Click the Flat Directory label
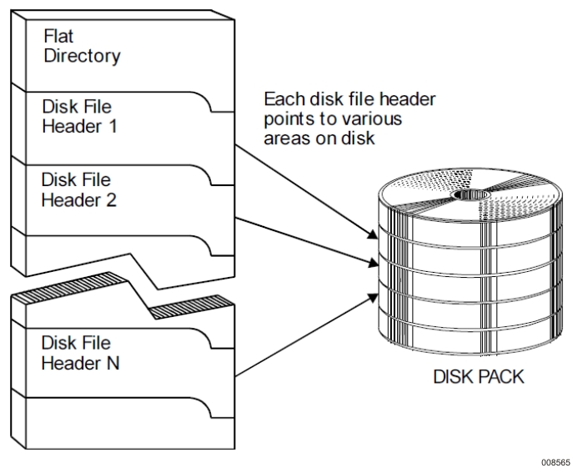point(81,48)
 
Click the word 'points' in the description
point(286,119)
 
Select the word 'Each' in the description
point(281,100)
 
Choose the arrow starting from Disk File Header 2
point(304,242)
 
